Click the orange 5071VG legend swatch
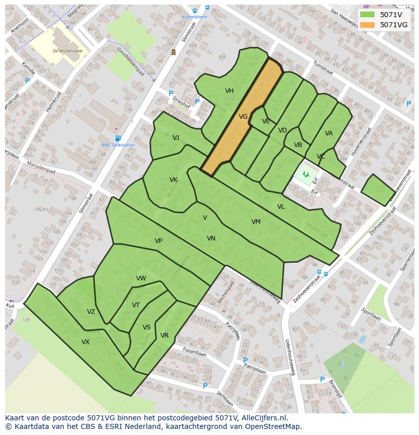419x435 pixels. [x=367, y=25]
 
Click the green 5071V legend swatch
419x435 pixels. [x=367, y=15]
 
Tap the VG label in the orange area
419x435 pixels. [x=243, y=117]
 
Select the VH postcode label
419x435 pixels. [x=229, y=91]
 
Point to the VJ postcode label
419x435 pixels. [x=176, y=138]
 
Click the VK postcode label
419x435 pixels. [x=174, y=180]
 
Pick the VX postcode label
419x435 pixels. [x=86, y=342]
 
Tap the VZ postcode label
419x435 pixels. [x=91, y=312]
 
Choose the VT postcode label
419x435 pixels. [x=136, y=305]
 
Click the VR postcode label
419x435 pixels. [x=164, y=335]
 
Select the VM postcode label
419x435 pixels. [x=256, y=222]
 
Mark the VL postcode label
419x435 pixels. [x=281, y=207]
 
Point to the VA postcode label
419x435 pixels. [x=329, y=133]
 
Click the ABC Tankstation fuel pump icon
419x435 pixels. [x=118, y=138]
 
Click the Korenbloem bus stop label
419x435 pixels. [x=195, y=17]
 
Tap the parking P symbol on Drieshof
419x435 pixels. [x=171, y=93]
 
